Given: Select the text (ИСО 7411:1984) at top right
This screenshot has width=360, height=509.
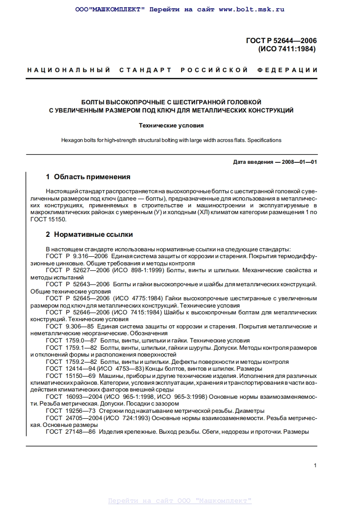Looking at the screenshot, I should tap(286, 49).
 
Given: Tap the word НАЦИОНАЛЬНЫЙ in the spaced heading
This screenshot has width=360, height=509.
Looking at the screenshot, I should tap(69, 70).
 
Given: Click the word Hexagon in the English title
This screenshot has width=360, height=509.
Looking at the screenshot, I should tap(72, 140).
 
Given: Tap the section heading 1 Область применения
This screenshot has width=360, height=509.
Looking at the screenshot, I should tap(88, 177).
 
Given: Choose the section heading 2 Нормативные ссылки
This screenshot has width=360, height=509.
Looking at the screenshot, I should tap(89, 235).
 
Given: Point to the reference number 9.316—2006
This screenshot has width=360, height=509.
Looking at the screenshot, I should tap(89, 256).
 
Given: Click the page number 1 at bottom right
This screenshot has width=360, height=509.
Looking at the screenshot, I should tap(315, 465).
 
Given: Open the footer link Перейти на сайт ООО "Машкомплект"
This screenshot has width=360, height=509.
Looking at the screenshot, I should tap(180, 501).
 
